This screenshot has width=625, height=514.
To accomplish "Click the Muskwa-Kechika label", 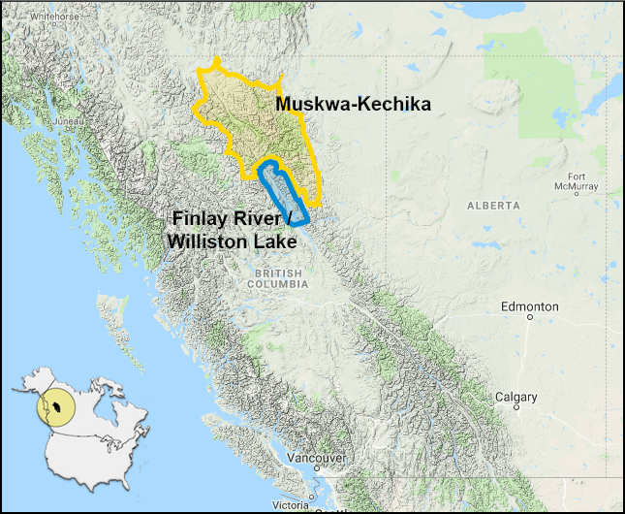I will (353, 105).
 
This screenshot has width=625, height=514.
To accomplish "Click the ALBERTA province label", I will (493, 206).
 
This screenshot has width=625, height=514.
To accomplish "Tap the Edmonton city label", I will (529, 306).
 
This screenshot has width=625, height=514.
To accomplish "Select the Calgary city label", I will (516, 398).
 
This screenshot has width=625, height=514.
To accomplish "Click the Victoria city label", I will (291, 505).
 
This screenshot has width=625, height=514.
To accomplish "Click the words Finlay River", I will (232, 219).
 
